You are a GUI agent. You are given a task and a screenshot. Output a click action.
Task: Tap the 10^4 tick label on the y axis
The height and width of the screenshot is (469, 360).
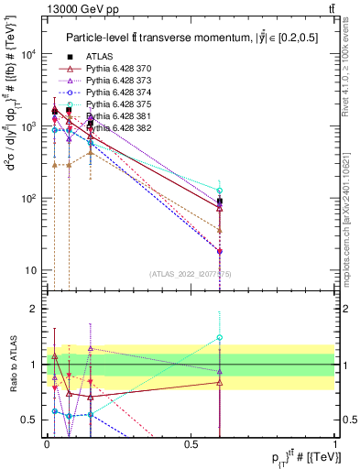click(x=27, y=55)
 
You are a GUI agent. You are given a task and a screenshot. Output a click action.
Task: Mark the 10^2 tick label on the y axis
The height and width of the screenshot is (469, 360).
click(x=27, y=199)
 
